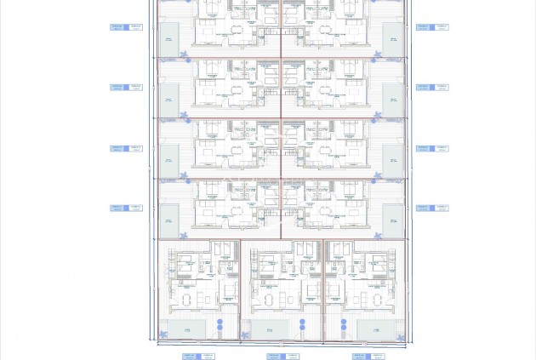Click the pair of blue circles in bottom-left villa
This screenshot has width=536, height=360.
click(x=219, y=325)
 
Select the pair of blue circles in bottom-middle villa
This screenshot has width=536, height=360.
click(x=302, y=325)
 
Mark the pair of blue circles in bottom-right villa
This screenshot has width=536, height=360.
click(x=344, y=325)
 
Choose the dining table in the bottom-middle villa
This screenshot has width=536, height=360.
click(x=269, y=300)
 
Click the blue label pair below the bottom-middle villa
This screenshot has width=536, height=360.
click(x=283, y=357)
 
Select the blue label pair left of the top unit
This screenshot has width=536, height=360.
click(x=126, y=27)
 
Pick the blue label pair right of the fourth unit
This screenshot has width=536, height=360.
click(x=432, y=208)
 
